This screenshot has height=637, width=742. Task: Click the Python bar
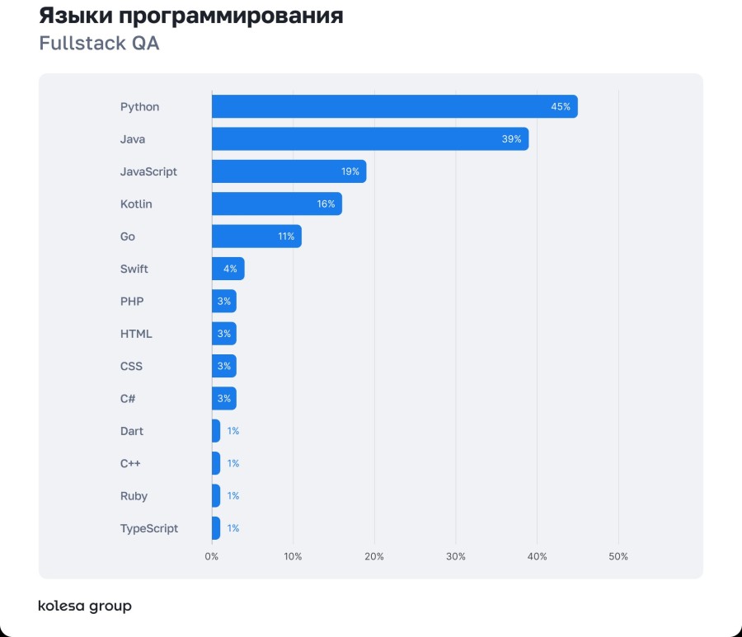(394, 106)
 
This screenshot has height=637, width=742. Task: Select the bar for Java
(369, 139)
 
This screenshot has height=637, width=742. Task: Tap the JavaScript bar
(289, 171)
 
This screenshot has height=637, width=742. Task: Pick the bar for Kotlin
(276, 204)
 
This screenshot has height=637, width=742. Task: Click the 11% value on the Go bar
(286, 237)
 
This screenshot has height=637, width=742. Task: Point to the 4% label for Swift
(230, 269)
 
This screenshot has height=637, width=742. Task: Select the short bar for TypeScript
(216, 528)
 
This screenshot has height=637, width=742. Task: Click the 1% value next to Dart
(233, 431)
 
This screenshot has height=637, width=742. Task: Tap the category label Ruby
(134, 496)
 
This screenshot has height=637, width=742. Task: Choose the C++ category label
(130, 463)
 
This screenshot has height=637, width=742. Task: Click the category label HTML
(136, 334)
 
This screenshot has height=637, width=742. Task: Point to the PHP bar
(223, 302)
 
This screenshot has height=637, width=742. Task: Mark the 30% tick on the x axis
(456, 556)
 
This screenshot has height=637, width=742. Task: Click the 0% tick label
(212, 556)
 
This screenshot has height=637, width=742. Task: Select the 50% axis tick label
(618, 556)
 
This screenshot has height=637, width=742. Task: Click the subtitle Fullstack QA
(99, 44)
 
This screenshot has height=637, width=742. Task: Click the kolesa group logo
(85, 607)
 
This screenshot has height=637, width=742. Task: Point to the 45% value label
(561, 107)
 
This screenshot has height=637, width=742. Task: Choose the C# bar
(223, 399)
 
